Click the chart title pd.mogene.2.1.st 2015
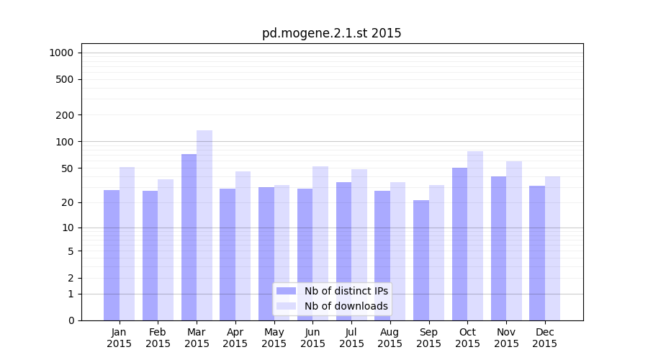331,33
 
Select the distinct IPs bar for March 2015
189,237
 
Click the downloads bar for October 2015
475,235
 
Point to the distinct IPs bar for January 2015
112,255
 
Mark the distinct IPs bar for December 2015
537,253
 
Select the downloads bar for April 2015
243,246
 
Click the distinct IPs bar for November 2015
498,248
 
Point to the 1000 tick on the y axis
61,53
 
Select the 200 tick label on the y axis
65,115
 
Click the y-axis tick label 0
71,320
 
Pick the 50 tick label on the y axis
67,168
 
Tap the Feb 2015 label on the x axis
158,338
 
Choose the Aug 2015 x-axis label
390,338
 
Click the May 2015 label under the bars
274,338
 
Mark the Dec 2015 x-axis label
545,338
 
